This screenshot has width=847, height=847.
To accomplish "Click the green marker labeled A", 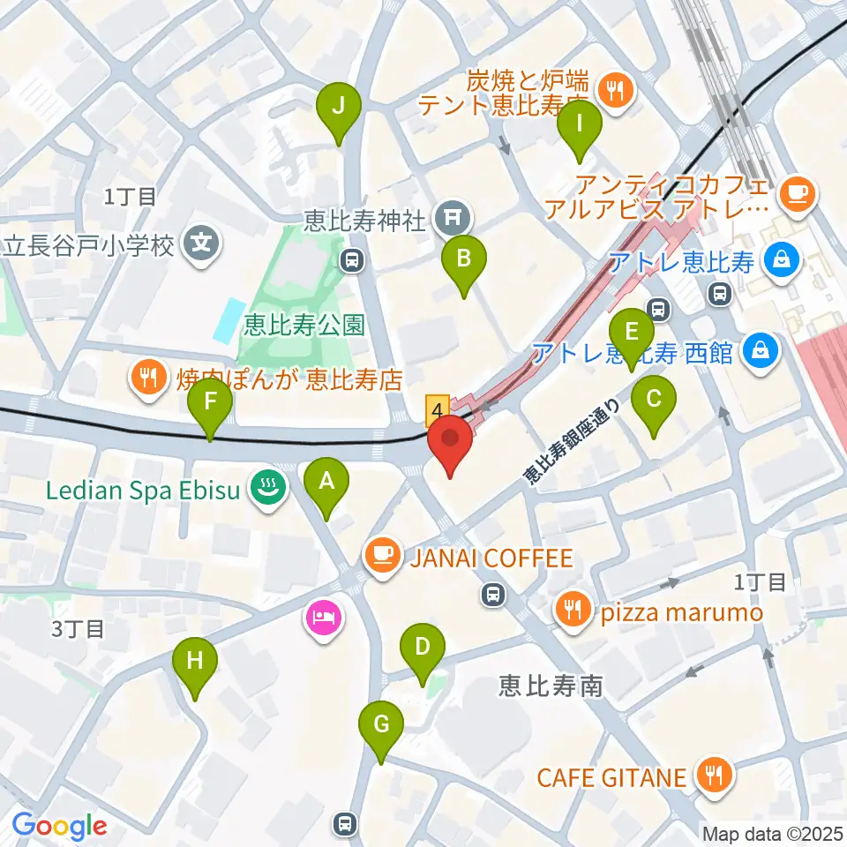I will click(x=326, y=483).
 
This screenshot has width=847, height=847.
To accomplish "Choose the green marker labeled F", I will click(x=210, y=405).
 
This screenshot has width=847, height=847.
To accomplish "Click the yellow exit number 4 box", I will click(x=437, y=409).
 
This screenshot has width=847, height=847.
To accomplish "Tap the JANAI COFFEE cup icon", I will click(x=381, y=556).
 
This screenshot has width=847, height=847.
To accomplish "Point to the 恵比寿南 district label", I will click(x=551, y=685).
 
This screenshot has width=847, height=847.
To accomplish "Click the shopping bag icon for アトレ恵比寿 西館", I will click(x=759, y=352).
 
